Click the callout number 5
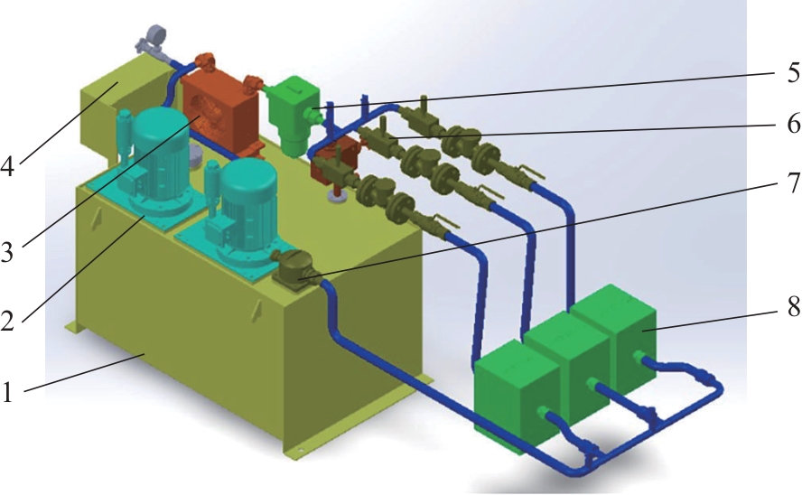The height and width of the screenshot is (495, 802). click(792, 72)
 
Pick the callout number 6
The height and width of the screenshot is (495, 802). click(793, 123)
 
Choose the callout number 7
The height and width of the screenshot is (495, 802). click(793, 182)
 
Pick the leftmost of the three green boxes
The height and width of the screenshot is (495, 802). click(516, 395)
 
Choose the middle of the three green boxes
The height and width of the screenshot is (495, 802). click(568, 367)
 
